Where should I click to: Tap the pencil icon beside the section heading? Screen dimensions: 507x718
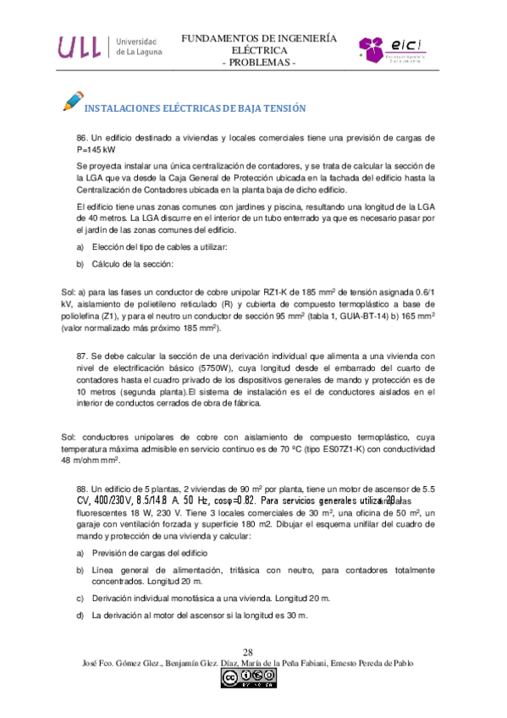point(73,102)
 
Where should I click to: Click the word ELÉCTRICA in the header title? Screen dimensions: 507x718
point(259,51)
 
